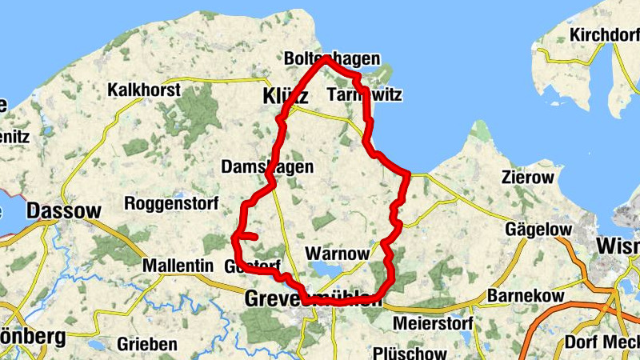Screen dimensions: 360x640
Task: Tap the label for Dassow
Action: click(x=64, y=211)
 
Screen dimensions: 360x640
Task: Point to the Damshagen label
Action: click(x=266, y=167)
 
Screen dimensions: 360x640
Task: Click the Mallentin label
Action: click(x=177, y=265)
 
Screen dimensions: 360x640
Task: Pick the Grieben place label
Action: click(x=147, y=344)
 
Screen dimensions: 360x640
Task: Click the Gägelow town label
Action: click(x=539, y=230)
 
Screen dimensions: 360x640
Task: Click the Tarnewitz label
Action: click(x=365, y=95)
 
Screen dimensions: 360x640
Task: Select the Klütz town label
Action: click(x=286, y=97)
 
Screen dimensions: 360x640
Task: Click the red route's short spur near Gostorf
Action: click(x=250, y=237)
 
